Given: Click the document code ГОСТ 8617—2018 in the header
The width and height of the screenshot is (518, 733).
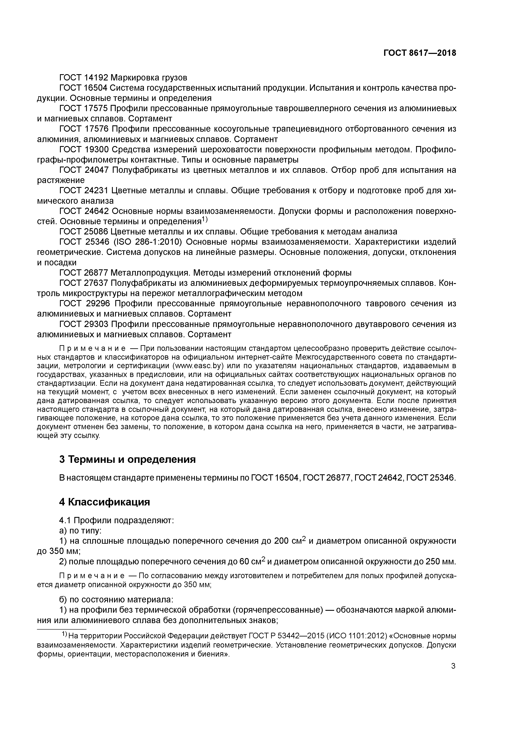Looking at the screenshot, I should pos(419,53).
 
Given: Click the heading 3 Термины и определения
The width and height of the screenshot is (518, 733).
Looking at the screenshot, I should pos(127,459).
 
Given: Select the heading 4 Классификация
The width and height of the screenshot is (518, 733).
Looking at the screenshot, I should pos(104,502).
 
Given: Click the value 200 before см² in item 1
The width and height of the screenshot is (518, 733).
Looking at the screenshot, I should pos(280,541).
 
